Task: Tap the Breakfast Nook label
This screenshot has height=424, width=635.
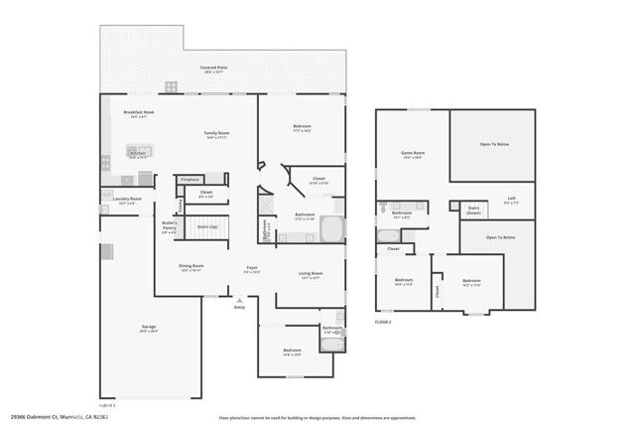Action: tap(138, 112)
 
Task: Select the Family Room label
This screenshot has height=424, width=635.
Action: tap(218, 133)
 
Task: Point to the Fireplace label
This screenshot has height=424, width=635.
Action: tap(190, 179)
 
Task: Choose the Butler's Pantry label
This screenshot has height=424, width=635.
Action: tap(169, 225)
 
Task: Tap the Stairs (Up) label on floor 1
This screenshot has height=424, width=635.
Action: tap(208, 226)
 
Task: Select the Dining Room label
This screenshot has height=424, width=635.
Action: tap(190, 266)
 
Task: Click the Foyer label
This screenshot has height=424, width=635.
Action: tap(253, 268)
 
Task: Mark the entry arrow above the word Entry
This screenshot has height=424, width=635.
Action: tap(238, 299)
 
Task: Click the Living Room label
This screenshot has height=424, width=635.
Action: tap(311, 274)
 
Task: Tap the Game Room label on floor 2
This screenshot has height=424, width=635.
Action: tap(412, 153)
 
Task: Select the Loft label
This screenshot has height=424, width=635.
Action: tap(511, 199)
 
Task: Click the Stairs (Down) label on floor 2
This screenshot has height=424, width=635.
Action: tap(474, 210)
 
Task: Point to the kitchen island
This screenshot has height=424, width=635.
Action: tap(139, 153)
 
